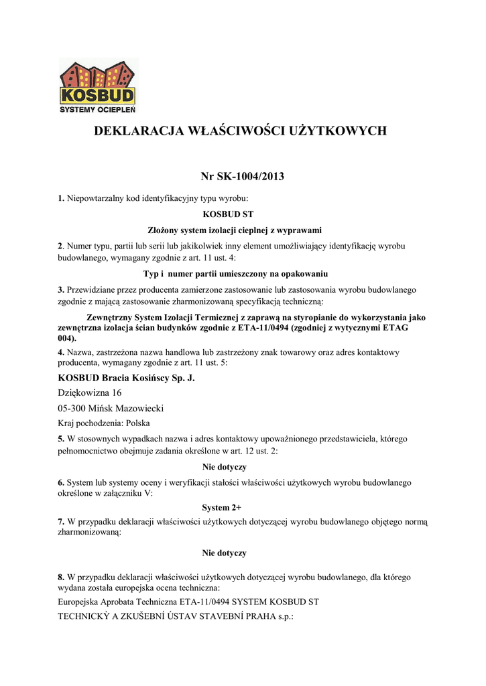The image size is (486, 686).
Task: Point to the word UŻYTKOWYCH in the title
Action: point(338,131)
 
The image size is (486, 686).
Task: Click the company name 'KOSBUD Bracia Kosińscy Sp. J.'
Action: point(126,379)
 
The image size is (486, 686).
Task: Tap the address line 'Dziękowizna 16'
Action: point(90,393)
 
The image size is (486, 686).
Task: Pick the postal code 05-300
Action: point(74,409)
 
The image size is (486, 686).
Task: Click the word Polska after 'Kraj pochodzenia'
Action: point(138,423)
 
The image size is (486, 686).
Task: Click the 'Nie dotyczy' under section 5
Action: point(225,466)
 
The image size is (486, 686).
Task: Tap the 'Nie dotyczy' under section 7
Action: point(225,553)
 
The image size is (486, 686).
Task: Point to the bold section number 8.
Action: point(61,577)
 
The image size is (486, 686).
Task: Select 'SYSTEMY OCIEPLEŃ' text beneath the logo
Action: point(98,109)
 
